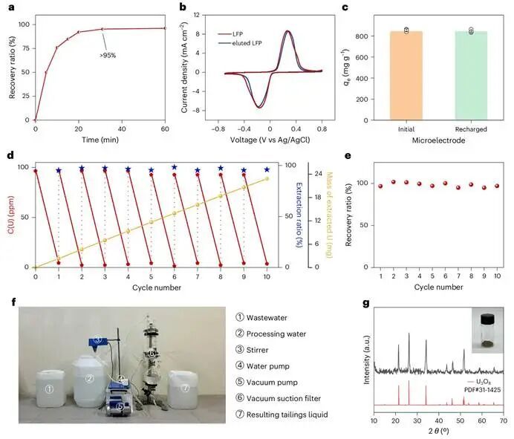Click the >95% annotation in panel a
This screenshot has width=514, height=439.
108,56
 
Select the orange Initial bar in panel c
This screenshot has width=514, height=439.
406,76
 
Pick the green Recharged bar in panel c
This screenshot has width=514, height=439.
471,76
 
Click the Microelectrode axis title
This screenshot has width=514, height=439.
438,140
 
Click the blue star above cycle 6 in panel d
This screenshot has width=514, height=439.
175,167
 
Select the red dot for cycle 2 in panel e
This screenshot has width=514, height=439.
394,182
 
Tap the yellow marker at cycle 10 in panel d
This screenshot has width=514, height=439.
267,179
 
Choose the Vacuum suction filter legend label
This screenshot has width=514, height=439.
284,398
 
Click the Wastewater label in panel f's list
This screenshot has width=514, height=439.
267,318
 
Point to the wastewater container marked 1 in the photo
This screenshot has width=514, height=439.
51,388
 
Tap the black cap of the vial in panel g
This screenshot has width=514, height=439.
487,319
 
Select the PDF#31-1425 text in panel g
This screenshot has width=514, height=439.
482,390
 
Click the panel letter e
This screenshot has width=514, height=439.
348,155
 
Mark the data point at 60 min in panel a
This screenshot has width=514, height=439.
165,28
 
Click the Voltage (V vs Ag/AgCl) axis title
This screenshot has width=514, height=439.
270,140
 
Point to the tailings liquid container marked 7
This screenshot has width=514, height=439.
183,390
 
